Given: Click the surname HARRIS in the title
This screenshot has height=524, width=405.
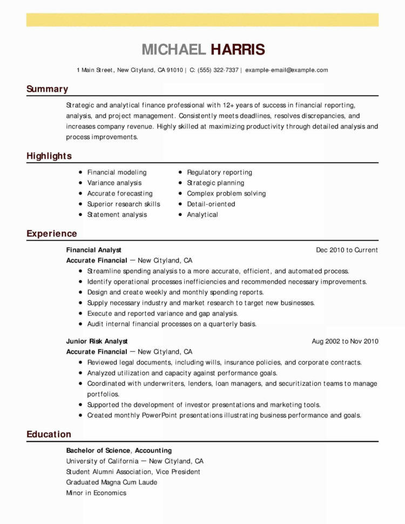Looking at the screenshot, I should pos(238,50).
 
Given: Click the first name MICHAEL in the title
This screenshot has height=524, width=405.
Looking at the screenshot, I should pos(173,50).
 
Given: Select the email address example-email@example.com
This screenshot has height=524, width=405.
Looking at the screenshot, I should pos(286,70).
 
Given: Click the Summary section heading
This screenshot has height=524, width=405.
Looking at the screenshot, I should pos(48,89).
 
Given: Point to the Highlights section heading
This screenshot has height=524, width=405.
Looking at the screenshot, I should pos(49,156).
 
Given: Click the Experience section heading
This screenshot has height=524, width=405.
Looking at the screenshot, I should pos(52,234).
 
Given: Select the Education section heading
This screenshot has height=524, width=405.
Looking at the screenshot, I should pos(49,434).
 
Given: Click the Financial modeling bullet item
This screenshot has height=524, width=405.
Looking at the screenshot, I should pos(117,172).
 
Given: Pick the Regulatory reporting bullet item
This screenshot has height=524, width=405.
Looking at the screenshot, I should pos(219,172).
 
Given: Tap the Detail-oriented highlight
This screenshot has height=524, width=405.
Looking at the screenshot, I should pos(211,204).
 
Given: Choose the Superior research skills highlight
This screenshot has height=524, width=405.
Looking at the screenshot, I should pos(124,204).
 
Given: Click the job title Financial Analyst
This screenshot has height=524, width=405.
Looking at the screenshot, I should pos(93,250).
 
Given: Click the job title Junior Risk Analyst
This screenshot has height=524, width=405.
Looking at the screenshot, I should pos(97,341).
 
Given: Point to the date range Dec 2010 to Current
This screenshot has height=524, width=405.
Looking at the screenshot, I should pos(347,250).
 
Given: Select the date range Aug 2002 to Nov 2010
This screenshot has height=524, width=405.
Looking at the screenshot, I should pos(345,341).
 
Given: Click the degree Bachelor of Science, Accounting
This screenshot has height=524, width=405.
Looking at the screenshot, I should pos(119,451).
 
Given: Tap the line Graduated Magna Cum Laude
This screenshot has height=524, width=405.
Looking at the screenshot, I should pos(112,482).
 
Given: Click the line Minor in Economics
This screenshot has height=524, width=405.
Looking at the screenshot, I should pos(96,493).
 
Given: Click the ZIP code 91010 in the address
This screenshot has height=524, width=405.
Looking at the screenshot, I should pos(174,70).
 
